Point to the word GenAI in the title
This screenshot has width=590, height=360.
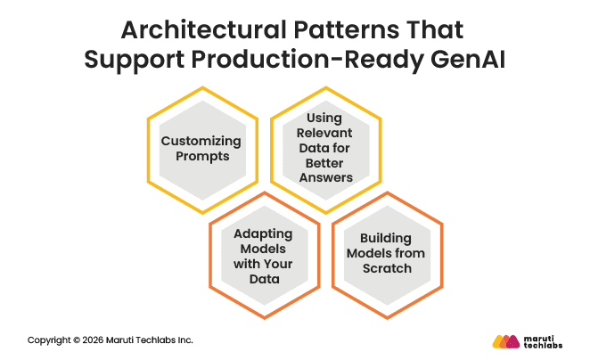click(x=463, y=61)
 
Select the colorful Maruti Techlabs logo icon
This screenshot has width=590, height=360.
click(x=504, y=341)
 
